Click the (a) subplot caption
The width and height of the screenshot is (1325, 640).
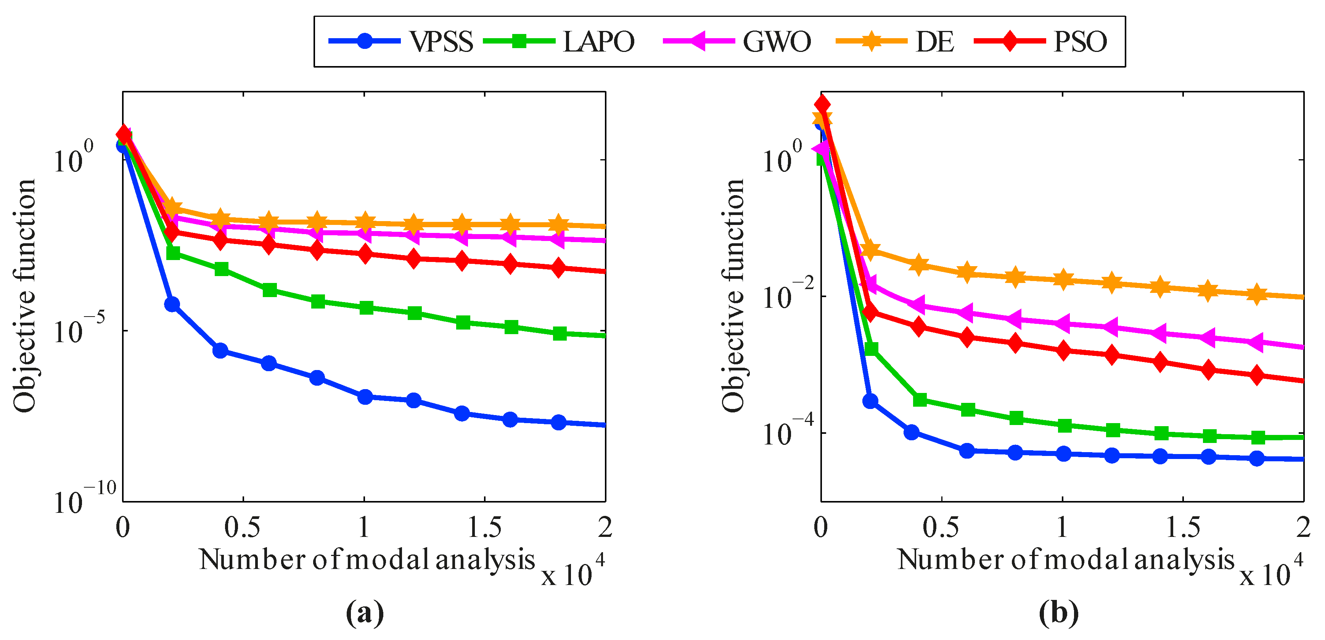click(x=365, y=613)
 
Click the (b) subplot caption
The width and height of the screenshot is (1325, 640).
click(x=1058, y=613)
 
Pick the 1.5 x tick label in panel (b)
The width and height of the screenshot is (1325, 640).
click(x=1182, y=527)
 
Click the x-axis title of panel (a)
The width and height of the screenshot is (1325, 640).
click(x=367, y=560)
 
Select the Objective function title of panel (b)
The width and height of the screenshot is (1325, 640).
click(x=733, y=296)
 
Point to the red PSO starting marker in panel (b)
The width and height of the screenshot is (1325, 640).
click(x=822, y=105)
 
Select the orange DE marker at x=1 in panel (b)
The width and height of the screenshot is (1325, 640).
click(x=1063, y=280)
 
